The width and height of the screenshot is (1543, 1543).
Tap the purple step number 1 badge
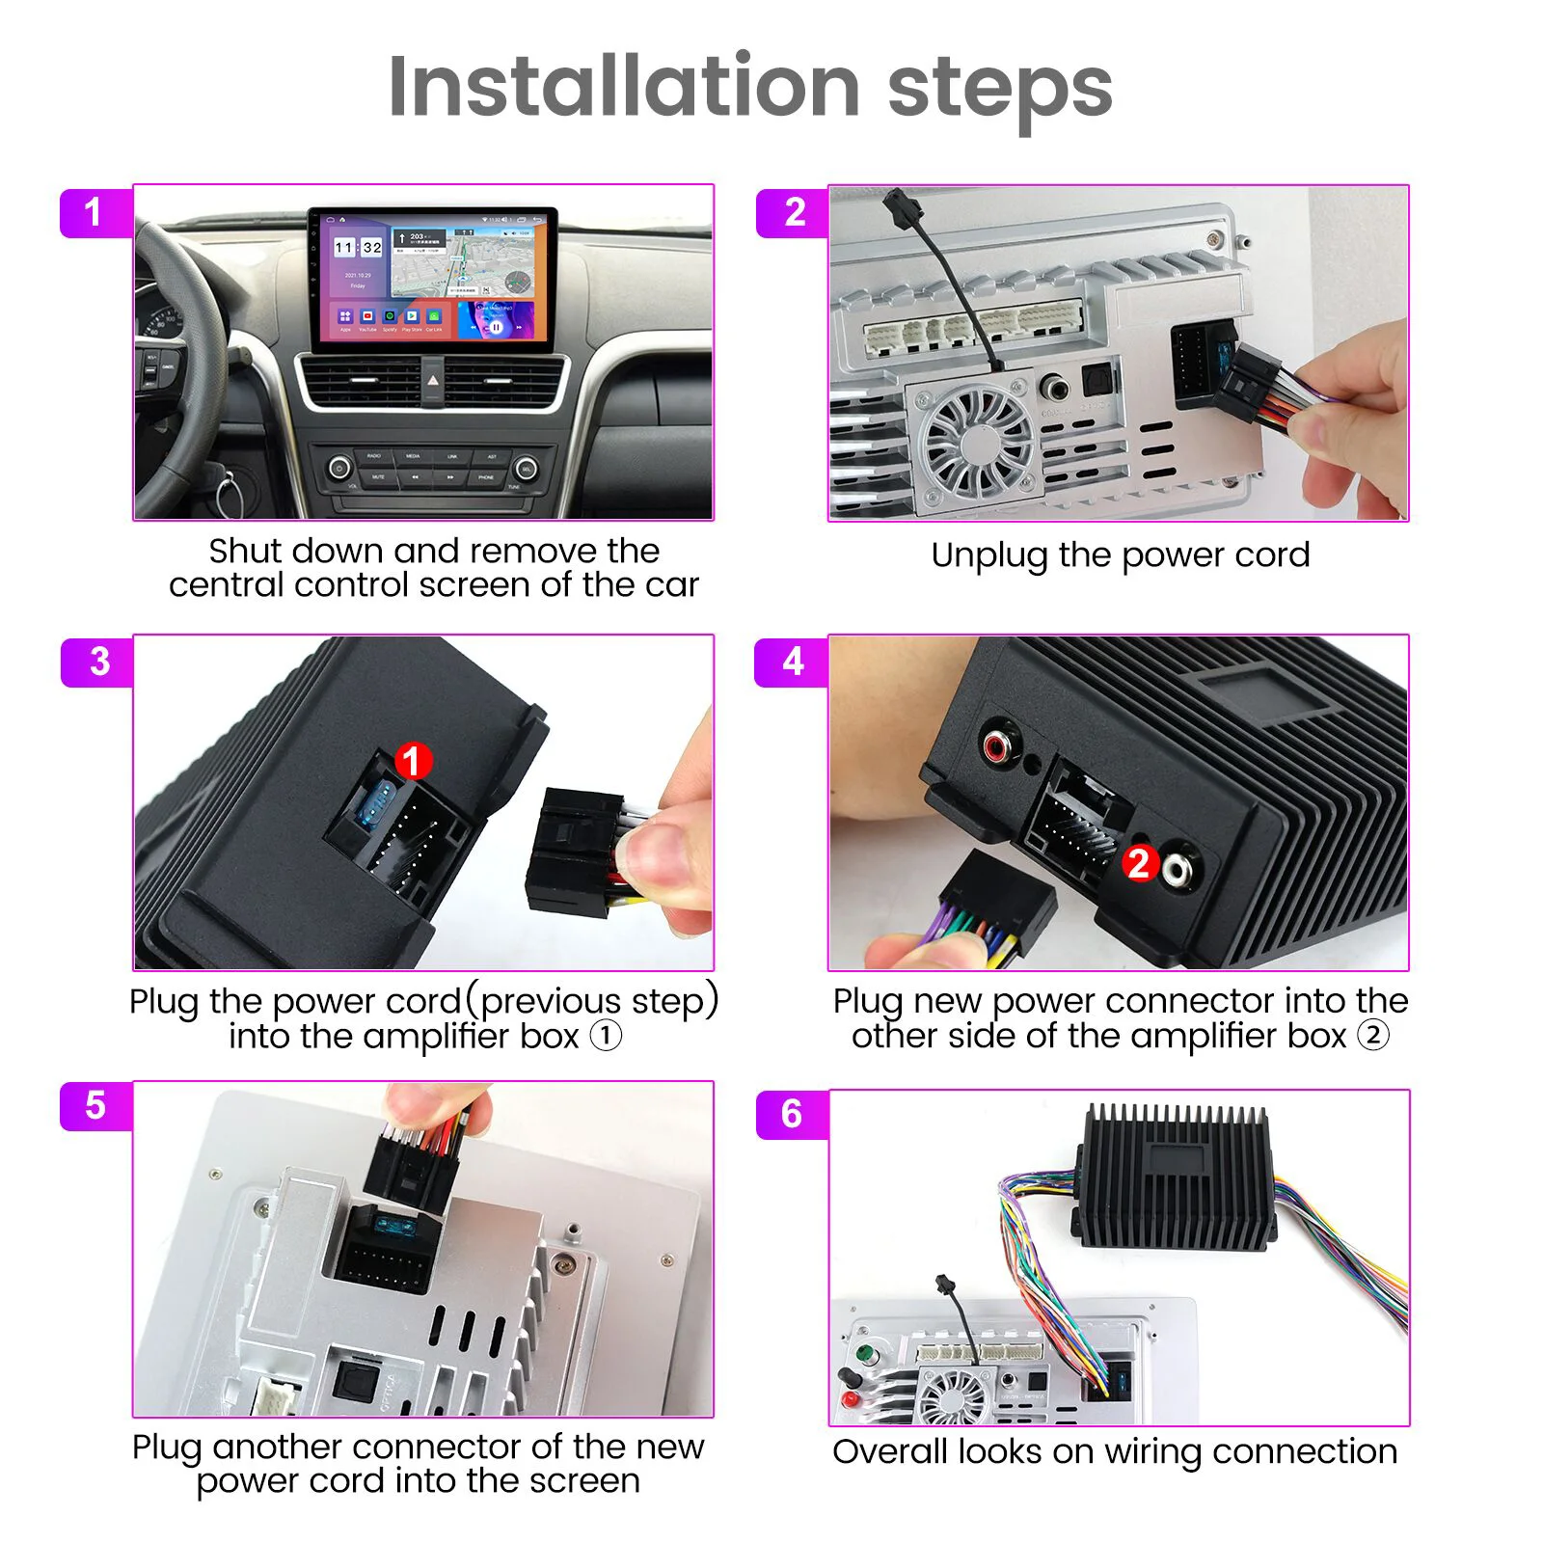[x=95, y=212]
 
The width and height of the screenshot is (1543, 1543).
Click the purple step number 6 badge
[x=791, y=1114]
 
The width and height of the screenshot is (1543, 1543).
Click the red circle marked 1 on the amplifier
[x=413, y=761]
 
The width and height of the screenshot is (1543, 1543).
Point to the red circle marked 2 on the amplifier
[x=1139, y=862]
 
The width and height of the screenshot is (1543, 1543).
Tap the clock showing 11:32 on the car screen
[x=359, y=248]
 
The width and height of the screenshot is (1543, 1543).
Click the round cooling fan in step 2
[x=977, y=443]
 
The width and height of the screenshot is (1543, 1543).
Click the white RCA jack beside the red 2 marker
[x=1178, y=869]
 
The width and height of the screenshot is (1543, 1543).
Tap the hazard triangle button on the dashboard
[x=433, y=382]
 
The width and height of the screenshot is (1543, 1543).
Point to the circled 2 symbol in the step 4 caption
[x=1373, y=1036]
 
